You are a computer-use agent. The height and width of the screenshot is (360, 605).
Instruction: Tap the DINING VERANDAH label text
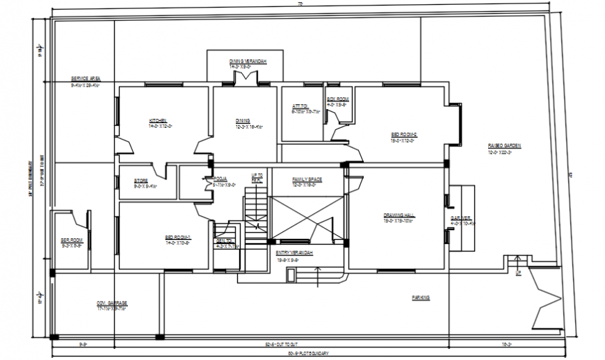click(248, 62)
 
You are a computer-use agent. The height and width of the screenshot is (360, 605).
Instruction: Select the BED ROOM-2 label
click(403, 135)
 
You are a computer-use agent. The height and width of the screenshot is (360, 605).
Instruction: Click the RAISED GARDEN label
click(504, 146)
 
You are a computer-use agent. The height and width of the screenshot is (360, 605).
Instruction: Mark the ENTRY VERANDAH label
click(293, 252)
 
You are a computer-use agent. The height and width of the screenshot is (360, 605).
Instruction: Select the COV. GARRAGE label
click(111, 304)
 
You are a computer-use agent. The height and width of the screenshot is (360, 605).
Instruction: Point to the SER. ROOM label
click(72, 240)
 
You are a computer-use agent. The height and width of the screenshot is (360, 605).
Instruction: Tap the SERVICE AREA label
click(86, 79)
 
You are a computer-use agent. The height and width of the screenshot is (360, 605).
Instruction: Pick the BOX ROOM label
click(337, 99)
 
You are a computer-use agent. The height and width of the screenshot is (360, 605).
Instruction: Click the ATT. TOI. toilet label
click(300, 106)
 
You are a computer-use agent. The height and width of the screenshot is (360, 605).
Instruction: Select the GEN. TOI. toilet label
click(223, 240)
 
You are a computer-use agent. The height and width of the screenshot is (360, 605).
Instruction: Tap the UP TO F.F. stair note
click(257, 177)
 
